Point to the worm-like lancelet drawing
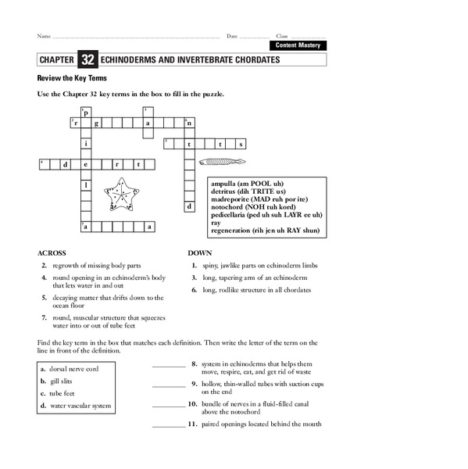coord(223,162)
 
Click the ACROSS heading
coord(52,254)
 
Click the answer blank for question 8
coord(169,365)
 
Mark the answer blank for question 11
coord(169,425)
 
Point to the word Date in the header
coord(232,37)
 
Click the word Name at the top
coord(44,37)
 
